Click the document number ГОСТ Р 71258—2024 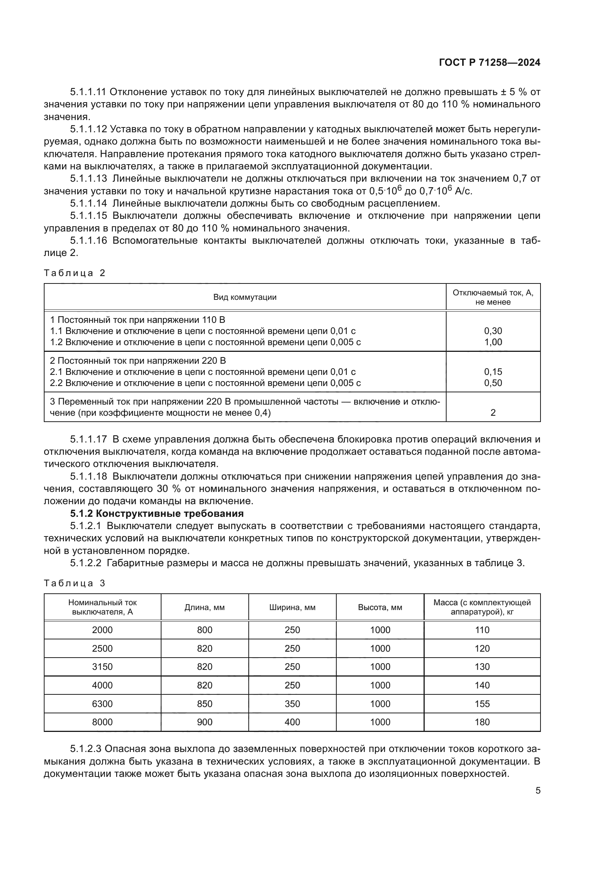489,63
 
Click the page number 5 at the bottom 538,790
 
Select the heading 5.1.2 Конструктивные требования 157,513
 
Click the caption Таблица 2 75,273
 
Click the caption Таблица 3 75,583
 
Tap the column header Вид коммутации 245,297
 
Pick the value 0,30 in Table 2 493,331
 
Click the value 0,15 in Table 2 493,372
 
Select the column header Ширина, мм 292,607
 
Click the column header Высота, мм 380,607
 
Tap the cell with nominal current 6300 102,704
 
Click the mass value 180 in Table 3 482,722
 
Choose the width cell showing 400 292,722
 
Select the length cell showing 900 205,722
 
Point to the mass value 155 482,704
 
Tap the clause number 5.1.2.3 85,749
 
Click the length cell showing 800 205,630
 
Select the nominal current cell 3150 102,667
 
